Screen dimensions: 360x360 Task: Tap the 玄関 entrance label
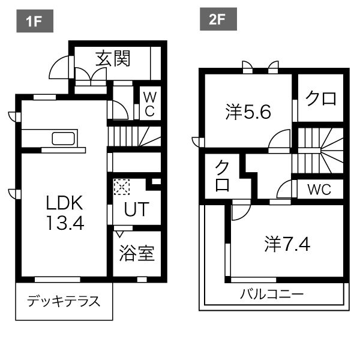113,59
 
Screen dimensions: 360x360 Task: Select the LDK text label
64,202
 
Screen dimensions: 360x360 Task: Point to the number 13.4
64,223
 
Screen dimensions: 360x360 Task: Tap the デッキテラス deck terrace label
63,301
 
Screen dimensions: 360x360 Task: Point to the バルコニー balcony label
272,295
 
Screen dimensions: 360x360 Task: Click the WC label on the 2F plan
319,190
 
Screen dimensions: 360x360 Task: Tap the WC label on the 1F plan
149,103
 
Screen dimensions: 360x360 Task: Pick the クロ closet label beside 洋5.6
320,99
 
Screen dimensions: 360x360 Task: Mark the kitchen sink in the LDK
64,139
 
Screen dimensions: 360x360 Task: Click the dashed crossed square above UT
122,187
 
